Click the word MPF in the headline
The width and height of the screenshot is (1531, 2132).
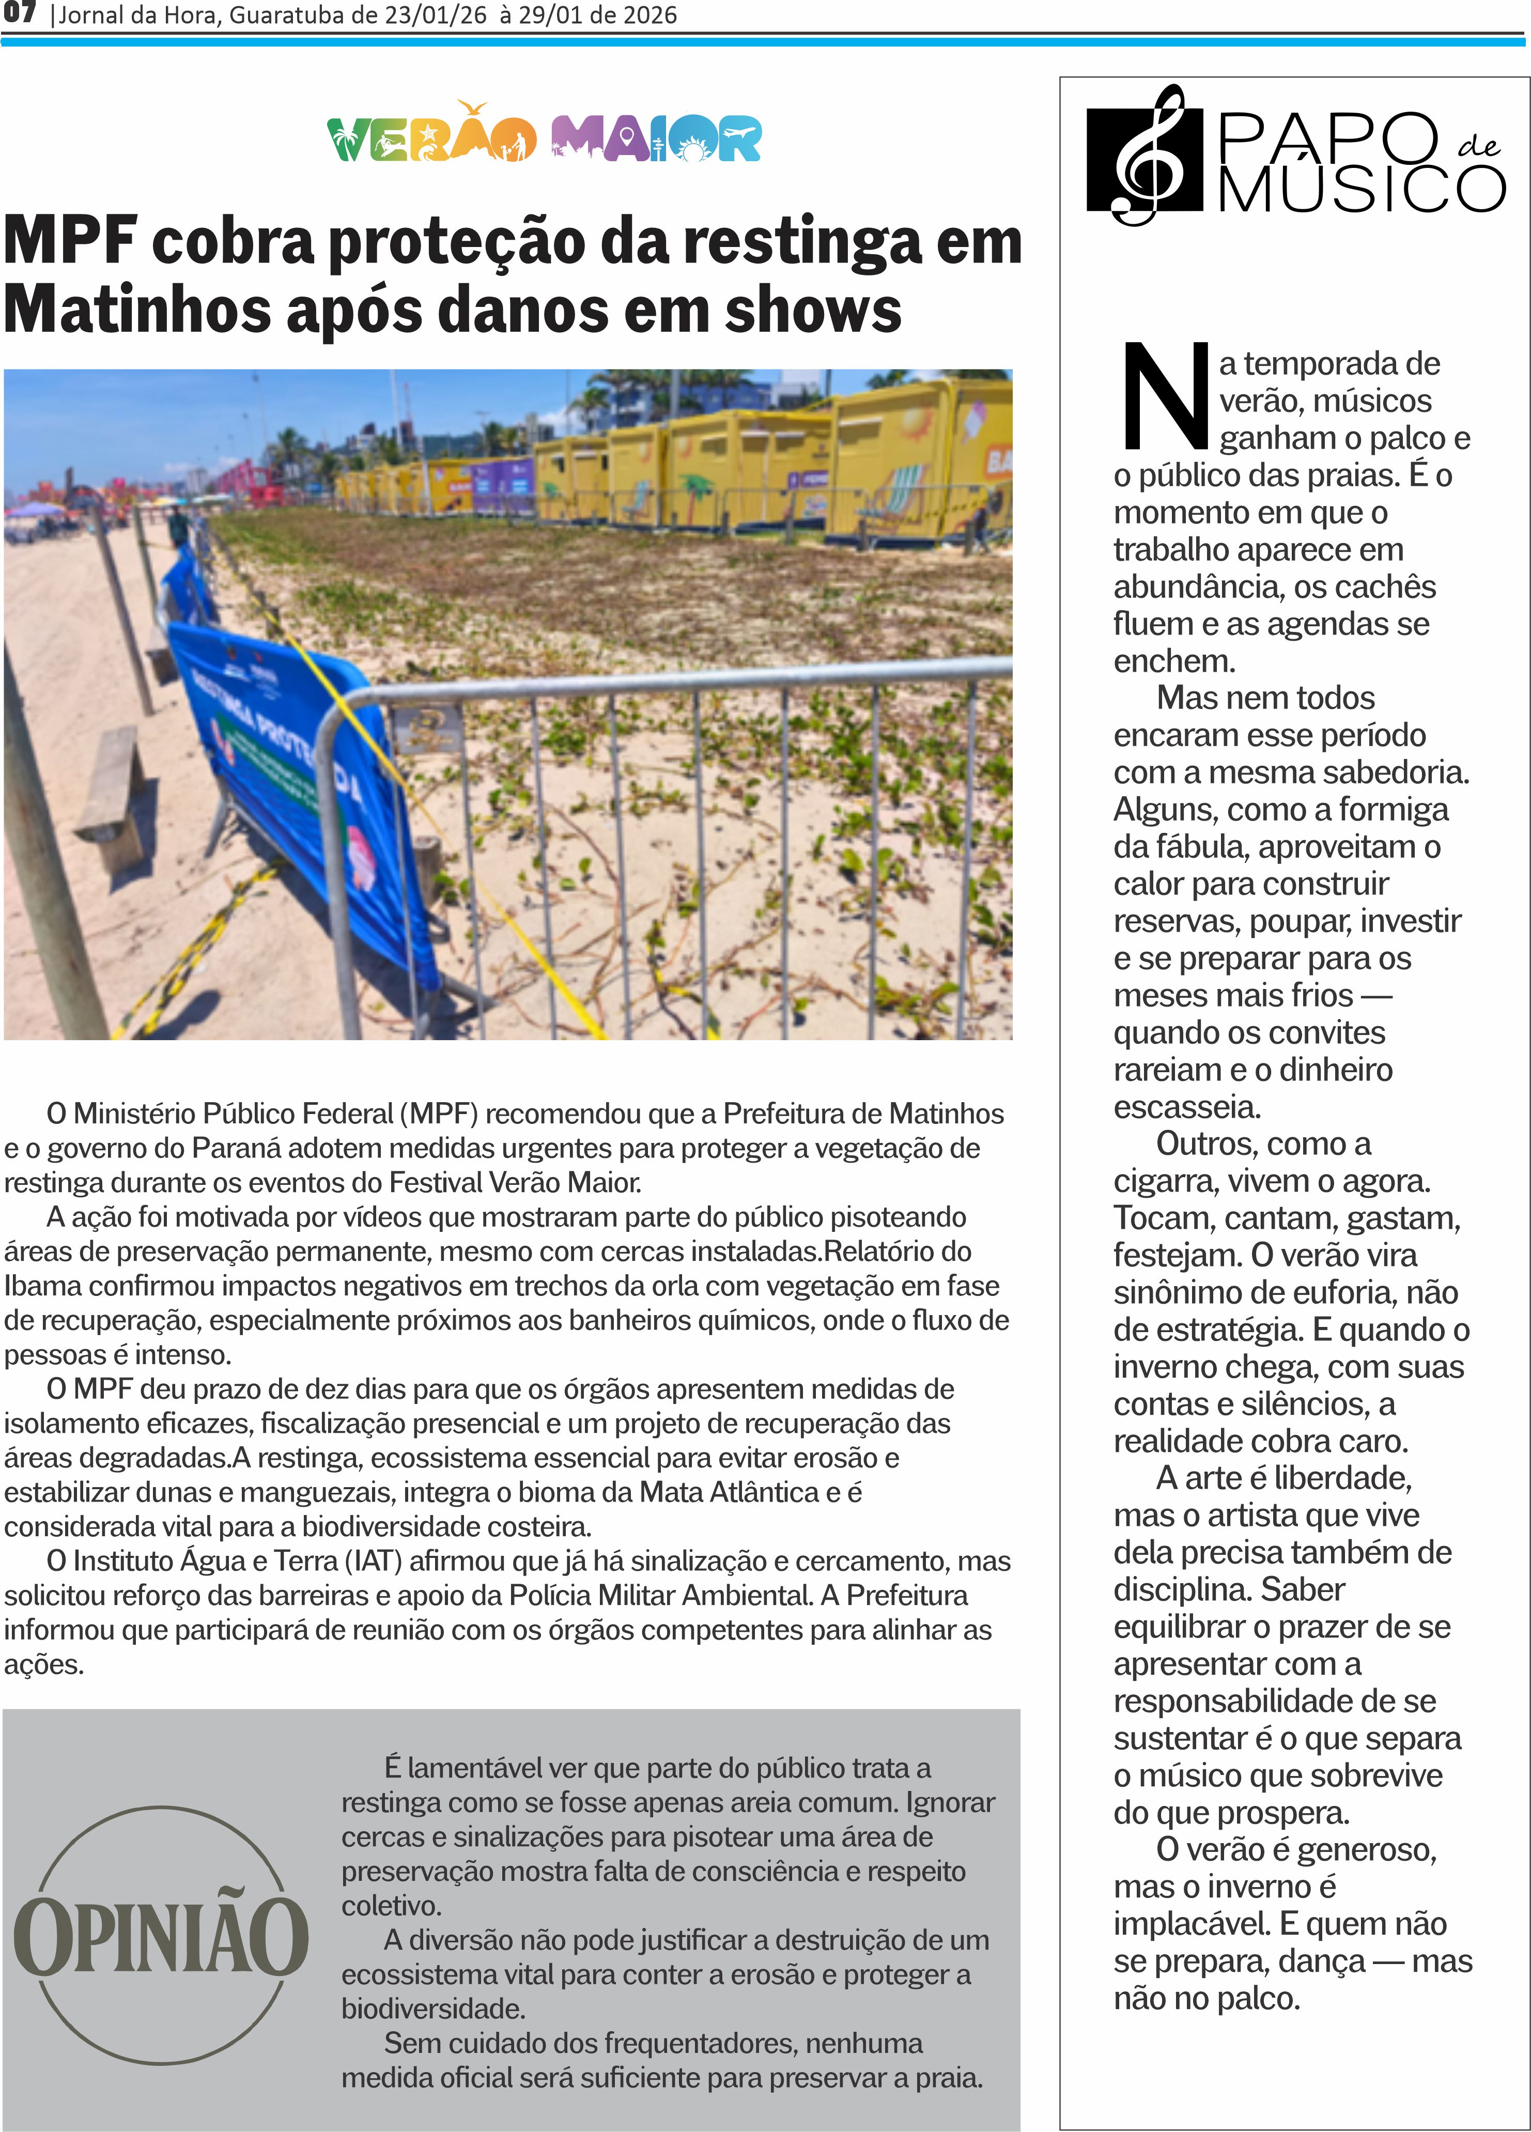point(70,242)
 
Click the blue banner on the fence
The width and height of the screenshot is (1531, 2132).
point(282,752)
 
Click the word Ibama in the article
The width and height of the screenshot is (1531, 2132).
point(38,1285)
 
